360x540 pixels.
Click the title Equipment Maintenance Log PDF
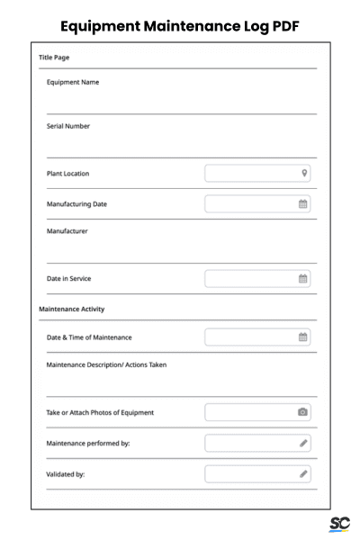[180, 26]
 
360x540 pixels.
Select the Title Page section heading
[54, 58]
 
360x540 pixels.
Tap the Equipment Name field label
[73, 83]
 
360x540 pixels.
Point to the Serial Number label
[68, 126]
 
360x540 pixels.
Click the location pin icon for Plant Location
[304, 173]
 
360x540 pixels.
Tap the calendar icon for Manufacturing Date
[303, 204]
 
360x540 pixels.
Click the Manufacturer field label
[67, 231]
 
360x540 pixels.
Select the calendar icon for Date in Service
[303, 279]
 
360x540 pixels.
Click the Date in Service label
[69, 279]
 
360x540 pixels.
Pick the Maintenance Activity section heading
[72, 310]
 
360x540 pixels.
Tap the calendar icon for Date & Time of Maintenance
[303, 337]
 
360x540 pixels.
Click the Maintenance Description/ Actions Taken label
[106, 364]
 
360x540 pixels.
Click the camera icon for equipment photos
[303, 412]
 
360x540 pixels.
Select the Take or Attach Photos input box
[252, 412]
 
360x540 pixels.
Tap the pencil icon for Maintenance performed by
[303, 443]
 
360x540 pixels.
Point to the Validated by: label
[66, 474]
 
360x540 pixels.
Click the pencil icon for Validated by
[303, 473]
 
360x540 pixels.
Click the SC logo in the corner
[339, 523]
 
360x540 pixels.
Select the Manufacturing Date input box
[252, 204]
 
